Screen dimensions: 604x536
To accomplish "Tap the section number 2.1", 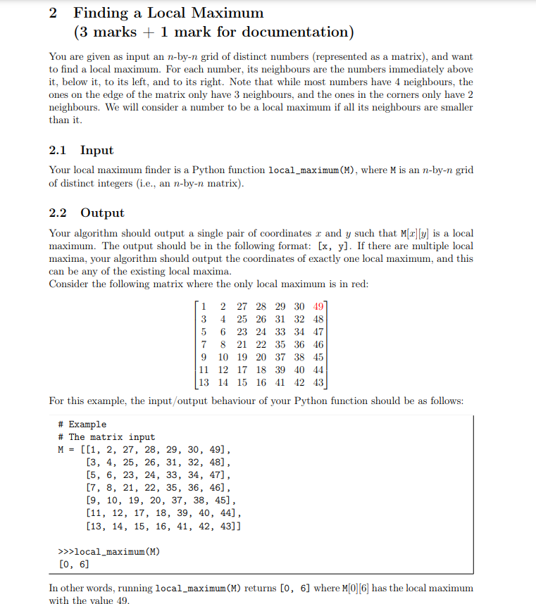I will [61, 150].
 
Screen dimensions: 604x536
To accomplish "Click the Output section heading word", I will [102, 213].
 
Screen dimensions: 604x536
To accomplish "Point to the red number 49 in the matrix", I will [318, 306].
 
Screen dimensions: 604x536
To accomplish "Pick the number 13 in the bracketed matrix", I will [204, 382].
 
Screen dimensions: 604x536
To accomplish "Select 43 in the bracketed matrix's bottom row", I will [318, 382].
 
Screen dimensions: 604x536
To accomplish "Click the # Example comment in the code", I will [82, 424].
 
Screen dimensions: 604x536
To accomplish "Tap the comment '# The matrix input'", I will [106, 437].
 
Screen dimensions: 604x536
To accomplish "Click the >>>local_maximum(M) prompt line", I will [108, 551].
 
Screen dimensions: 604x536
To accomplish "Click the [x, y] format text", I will [335, 246].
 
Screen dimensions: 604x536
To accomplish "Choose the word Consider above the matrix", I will [69, 284].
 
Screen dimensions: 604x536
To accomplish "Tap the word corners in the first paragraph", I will [414, 94].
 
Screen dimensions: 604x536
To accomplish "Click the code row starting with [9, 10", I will [158, 501].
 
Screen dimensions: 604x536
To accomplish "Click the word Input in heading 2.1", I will [96, 150].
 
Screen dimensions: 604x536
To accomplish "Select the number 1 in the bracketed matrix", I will [204, 306].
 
